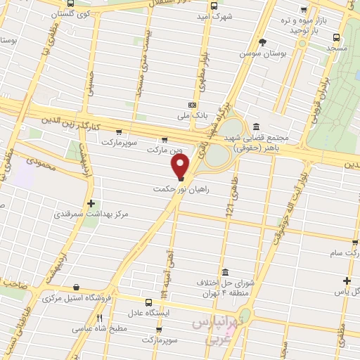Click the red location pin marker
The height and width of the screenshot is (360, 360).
(181, 167)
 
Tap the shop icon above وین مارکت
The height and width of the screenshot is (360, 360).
(165, 139)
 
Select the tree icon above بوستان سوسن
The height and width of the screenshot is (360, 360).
(263, 42)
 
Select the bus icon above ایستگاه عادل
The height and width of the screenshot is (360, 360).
(148, 300)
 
